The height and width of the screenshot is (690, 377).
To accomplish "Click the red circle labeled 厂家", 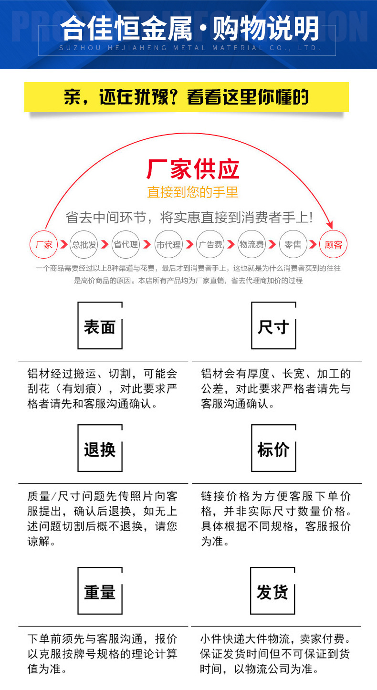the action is pos(44,245).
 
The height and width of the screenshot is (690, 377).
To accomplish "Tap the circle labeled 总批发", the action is pos(84,245).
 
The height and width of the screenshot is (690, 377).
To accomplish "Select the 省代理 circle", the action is pos(126,245).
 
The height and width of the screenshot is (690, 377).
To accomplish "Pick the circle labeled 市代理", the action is pos(168,245).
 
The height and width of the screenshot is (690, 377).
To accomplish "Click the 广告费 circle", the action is pos(210,245).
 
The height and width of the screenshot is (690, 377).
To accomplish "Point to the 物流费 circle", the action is pos(251,245).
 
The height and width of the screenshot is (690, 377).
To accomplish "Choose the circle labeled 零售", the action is pos(293,245).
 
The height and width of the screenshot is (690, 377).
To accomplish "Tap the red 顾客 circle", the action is pos(333,245).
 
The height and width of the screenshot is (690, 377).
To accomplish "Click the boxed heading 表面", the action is pos(100,326).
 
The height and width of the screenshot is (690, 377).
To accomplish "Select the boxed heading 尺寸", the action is pos(273,326).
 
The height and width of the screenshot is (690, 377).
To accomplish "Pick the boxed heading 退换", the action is pos(100,449).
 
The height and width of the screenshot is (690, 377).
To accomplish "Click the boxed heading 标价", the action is pos(273,449).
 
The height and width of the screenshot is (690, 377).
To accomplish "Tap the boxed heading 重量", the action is pos(100,592).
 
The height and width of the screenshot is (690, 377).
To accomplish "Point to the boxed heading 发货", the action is pos(272,592).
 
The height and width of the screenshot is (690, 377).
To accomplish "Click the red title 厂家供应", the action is pos(192,168).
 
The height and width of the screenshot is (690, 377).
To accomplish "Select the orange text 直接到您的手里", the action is pos(192,192).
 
